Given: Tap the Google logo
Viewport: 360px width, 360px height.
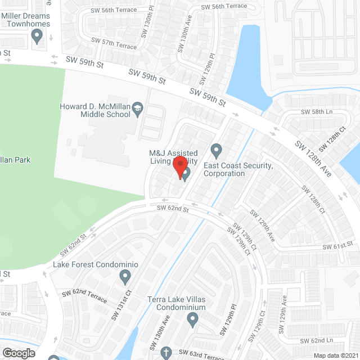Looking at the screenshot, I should (19, 353).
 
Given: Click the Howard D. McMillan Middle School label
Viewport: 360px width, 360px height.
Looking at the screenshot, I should (96, 110).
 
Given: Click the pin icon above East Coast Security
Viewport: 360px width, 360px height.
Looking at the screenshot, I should (216, 151).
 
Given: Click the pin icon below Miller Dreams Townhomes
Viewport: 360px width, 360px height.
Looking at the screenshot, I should (38, 37).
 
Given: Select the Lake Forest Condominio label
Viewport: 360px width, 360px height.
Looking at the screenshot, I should (96, 264).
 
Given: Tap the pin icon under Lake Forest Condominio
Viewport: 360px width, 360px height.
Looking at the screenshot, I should (125, 277).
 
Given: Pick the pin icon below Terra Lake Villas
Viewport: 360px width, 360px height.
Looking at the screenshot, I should (192, 319).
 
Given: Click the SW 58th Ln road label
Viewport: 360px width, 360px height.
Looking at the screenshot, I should (317, 112).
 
